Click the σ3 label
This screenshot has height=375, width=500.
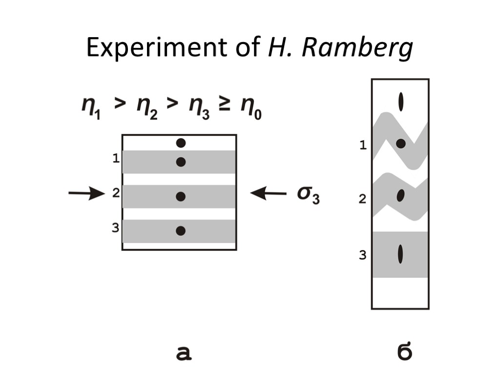pyautogui.click(x=308, y=194)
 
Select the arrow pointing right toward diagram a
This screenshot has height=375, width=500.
pyautogui.click(x=86, y=193)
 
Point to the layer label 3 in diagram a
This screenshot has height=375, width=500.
pyautogui.click(x=116, y=227)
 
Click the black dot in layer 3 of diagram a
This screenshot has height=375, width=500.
pyautogui.click(x=181, y=231)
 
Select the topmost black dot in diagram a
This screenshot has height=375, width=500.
pyautogui.click(x=181, y=143)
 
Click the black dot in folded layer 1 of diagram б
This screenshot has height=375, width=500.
pyautogui.click(x=400, y=144)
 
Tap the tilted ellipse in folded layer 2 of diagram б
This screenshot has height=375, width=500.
pyautogui.click(x=400, y=195)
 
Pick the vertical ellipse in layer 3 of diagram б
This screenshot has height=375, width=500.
pyautogui.click(x=400, y=253)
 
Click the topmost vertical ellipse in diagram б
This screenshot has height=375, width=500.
pyautogui.click(x=401, y=102)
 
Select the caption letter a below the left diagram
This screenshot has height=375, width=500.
pyautogui.click(x=184, y=353)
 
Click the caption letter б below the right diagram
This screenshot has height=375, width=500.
pyautogui.click(x=404, y=352)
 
